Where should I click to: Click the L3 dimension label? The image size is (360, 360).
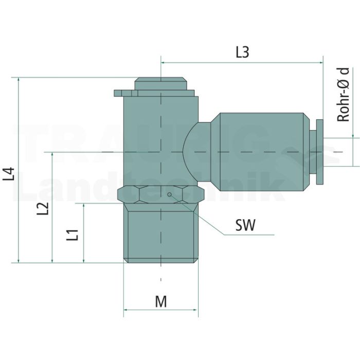pos(242,52)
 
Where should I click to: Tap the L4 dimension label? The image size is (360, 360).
pos(9,174)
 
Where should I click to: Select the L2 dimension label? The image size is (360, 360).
pos(43,208)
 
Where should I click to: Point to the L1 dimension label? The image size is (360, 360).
pos(73,235)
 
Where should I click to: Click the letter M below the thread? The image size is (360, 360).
pos(161,301)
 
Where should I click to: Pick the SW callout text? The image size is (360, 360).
pos(245,225)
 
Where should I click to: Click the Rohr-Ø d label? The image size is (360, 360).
pos(343,95)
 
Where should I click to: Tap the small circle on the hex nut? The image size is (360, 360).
pos(169,194)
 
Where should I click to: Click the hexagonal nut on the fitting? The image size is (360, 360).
pos(160,195)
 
